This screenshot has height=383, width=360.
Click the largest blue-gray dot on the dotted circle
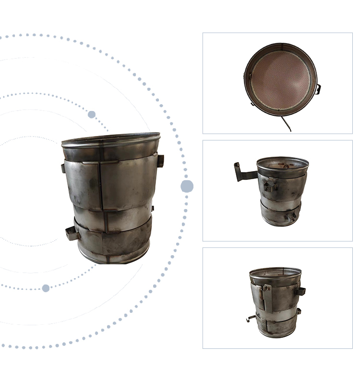click(187, 186)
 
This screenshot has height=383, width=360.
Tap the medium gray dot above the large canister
click(92, 114)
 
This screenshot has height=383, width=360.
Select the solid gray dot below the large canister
click(46, 288)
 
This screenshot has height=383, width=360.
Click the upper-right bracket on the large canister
click(160, 161)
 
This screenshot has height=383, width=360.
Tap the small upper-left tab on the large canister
click(63, 168)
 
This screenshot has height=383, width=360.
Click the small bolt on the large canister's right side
click(153, 209)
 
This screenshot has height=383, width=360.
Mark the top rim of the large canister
click(111, 140)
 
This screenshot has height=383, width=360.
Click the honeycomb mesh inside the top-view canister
click(281, 78)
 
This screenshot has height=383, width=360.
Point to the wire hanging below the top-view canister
click(286, 124)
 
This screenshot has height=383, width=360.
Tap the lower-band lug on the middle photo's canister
click(290, 216)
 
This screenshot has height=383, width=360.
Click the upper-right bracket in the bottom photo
click(300, 291)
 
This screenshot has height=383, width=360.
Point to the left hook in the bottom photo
click(250, 318)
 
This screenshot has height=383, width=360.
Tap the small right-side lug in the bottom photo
click(299, 311)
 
